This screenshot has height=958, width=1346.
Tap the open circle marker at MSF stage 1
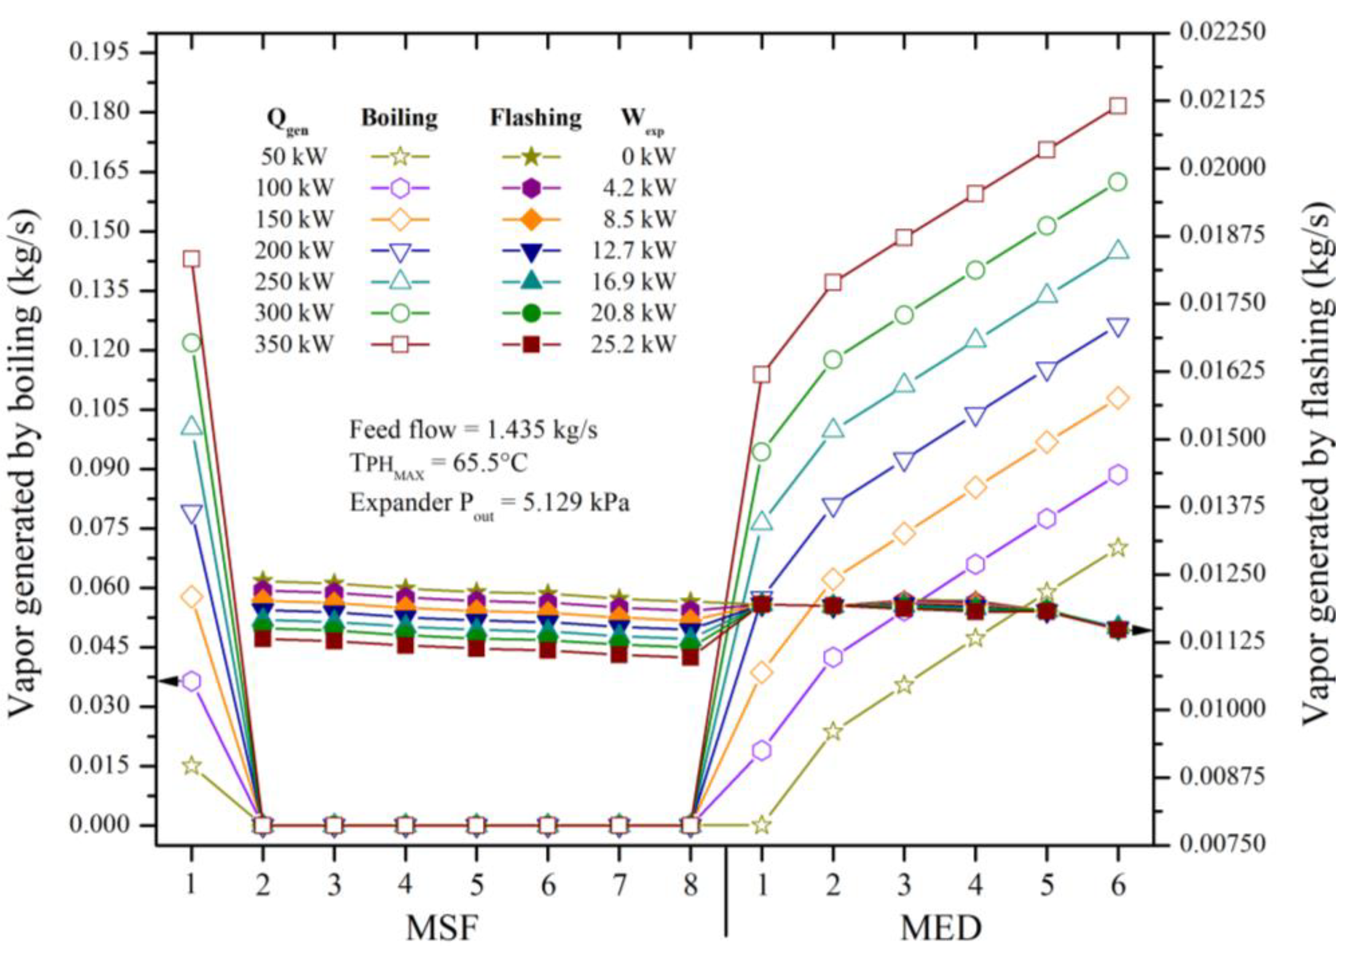coord(191,343)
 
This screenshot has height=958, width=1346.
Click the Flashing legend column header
coord(536,118)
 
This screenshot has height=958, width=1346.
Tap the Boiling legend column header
coord(399,118)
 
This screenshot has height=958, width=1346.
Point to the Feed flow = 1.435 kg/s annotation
coord(473,430)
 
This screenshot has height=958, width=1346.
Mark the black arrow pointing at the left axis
coord(169,681)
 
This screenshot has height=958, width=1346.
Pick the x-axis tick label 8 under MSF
coord(690,885)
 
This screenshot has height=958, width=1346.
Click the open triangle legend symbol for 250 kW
coord(400,281)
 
